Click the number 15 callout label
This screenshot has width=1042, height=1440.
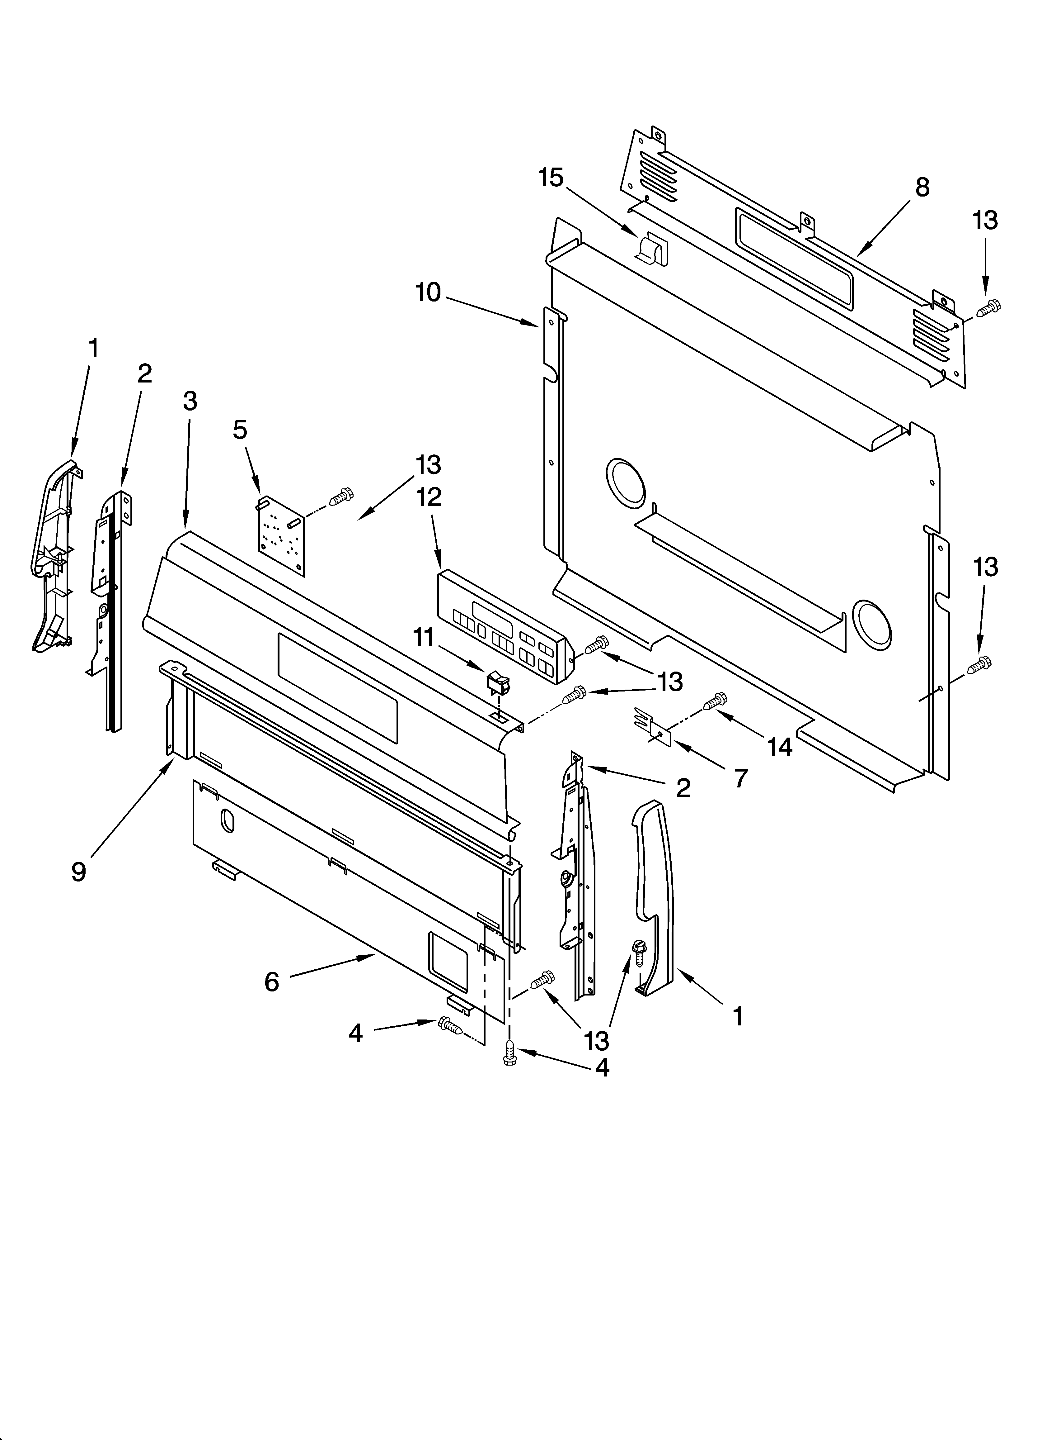(551, 178)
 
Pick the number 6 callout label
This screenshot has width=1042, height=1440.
(272, 981)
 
